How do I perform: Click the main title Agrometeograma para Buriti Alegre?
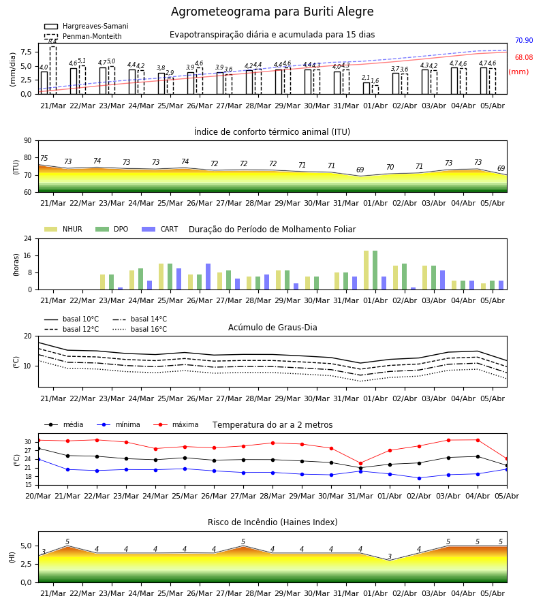tap(272, 12)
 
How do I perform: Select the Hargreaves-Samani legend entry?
tap(87, 26)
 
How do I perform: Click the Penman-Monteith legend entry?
tap(83, 36)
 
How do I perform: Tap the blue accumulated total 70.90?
tap(524, 41)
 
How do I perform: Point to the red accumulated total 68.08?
tap(524, 57)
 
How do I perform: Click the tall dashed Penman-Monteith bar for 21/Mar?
tap(53, 70)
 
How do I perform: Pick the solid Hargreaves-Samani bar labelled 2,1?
tap(367, 89)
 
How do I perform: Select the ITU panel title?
tap(272, 131)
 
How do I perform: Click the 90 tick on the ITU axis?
tap(28, 141)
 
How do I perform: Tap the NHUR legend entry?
tap(63, 229)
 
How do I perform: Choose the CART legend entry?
tap(160, 229)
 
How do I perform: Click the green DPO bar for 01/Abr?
tap(375, 270)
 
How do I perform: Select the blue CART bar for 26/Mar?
tap(208, 277)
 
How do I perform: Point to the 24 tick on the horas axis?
tap(28, 238)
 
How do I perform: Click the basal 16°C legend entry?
tap(140, 329)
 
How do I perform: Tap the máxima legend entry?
tap(176, 424)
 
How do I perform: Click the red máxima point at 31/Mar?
tap(360, 463)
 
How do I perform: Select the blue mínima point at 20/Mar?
tap(38, 459)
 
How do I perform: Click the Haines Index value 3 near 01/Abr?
tap(390, 556)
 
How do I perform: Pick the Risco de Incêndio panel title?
tap(272, 522)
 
